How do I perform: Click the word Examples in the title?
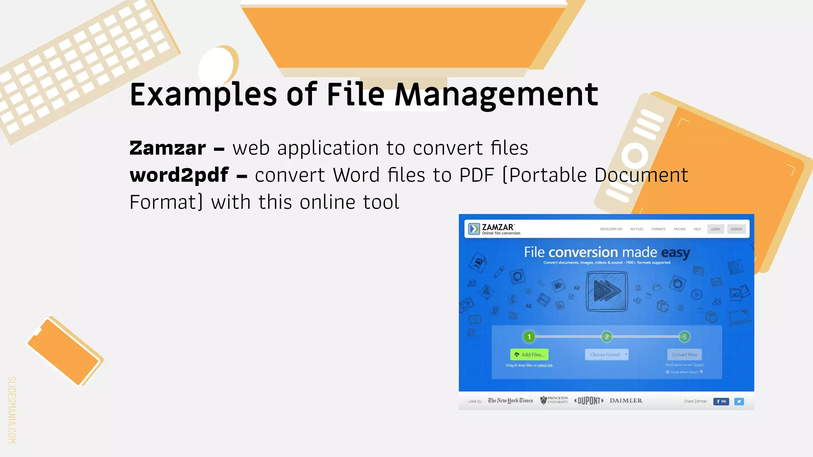(203, 95)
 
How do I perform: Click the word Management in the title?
(496, 95)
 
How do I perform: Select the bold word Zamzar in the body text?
(168, 148)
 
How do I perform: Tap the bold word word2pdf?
(179, 175)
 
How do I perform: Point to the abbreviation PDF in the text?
(476, 175)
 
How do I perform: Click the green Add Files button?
(529, 355)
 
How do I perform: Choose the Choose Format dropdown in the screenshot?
(607, 355)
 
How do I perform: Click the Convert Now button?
(684, 355)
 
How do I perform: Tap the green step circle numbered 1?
(529, 337)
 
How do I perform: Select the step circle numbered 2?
(607, 337)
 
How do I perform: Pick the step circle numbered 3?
(684, 337)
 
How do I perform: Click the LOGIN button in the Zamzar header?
(715, 229)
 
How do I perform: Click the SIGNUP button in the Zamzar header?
(736, 229)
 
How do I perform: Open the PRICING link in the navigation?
(680, 229)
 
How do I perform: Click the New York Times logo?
(510, 401)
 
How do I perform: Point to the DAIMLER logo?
(626, 401)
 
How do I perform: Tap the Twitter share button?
(739, 401)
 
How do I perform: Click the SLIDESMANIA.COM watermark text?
(12, 409)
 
